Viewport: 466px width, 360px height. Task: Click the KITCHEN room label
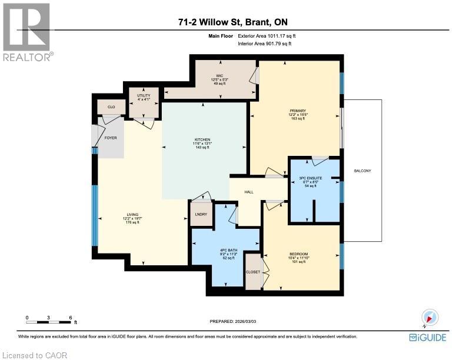click(x=202, y=140)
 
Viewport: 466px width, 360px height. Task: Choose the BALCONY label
click(x=362, y=171)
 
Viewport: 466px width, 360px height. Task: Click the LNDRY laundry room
click(x=198, y=215)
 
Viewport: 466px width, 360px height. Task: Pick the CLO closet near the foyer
click(x=110, y=107)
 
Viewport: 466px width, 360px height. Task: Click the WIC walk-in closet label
click(x=219, y=76)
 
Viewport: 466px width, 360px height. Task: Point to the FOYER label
click(x=111, y=138)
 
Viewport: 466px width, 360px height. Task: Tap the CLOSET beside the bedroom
click(x=253, y=272)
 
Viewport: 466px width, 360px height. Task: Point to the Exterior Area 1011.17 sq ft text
click(x=263, y=37)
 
